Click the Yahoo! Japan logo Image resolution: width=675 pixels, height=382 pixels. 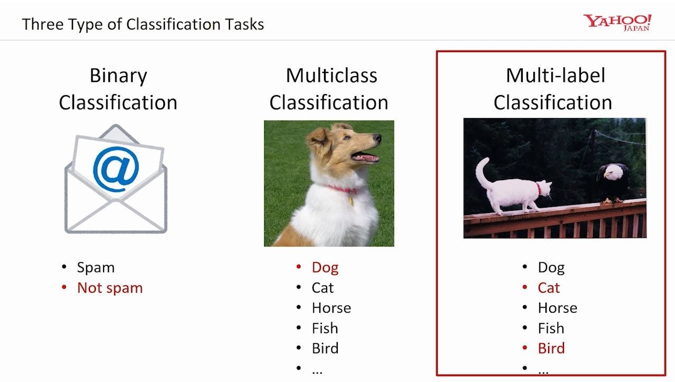(617, 23)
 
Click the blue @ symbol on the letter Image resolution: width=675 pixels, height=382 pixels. (116, 168)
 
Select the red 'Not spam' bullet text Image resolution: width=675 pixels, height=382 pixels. (109, 288)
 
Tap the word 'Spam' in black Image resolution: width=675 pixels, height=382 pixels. (95, 267)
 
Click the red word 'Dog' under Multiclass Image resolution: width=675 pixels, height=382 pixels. (325, 267)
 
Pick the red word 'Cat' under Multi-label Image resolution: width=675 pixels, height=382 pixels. (549, 288)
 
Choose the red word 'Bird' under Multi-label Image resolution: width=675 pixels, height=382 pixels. (551, 348)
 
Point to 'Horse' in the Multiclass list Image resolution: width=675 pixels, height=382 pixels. (331, 308)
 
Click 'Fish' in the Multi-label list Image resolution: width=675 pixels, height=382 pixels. (551, 328)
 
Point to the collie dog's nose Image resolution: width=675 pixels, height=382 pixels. (377, 138)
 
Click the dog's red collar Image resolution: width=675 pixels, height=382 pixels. (342, 189)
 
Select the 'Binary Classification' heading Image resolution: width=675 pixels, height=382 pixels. (118, 89)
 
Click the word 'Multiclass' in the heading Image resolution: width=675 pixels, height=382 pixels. (331, 76)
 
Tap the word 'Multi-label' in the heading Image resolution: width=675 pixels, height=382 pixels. (555, 76)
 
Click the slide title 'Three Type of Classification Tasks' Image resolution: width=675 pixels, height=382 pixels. (143, 24)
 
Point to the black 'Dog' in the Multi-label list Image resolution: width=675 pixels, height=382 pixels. (551, 267)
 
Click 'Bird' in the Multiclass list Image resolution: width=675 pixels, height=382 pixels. (325, 348)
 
